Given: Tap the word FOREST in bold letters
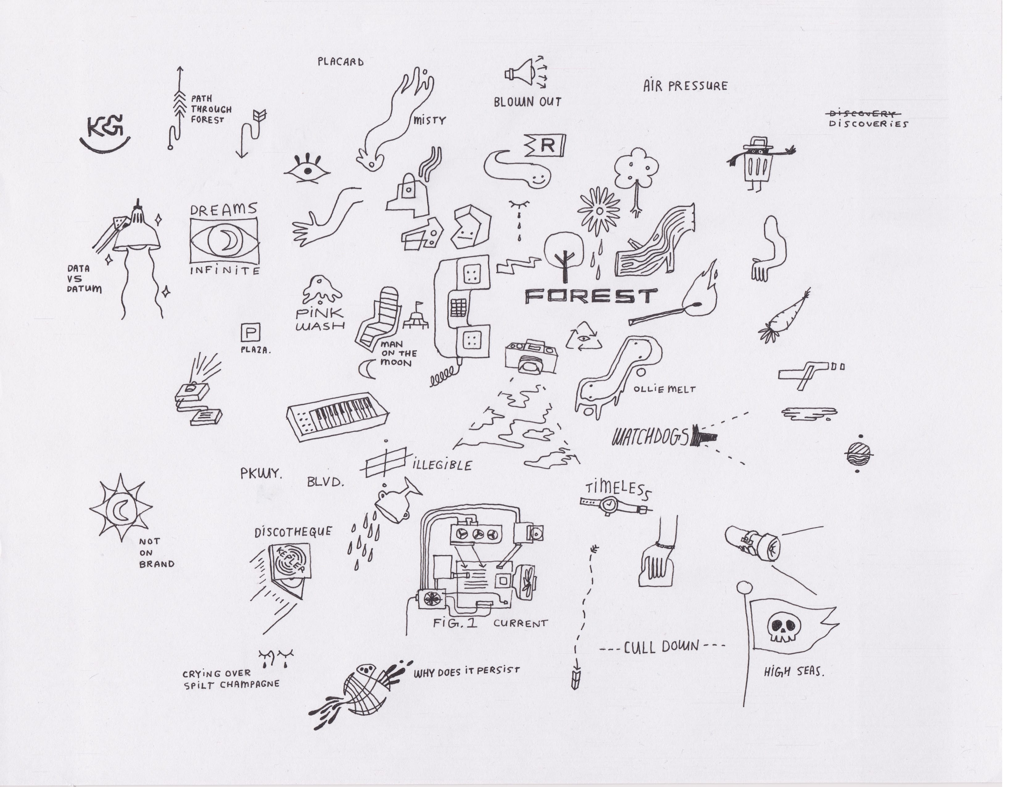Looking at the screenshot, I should [x=591, y=296].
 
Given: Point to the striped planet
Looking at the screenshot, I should [x=859, y=454].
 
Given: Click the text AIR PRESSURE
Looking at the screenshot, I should [x=685, y=86].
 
